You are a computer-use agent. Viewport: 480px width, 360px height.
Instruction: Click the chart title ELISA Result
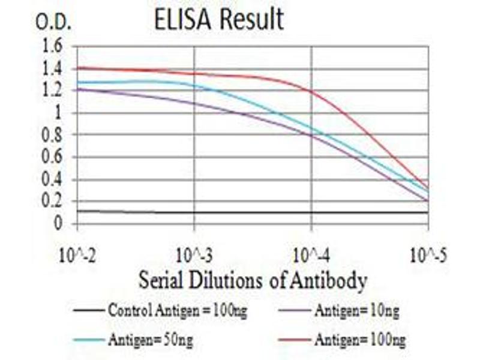(x=218, y=19)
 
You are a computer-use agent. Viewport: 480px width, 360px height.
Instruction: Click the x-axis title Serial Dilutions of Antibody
(x=253, y=280)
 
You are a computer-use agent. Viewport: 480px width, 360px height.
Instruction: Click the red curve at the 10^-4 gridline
(x=311, y=92)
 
